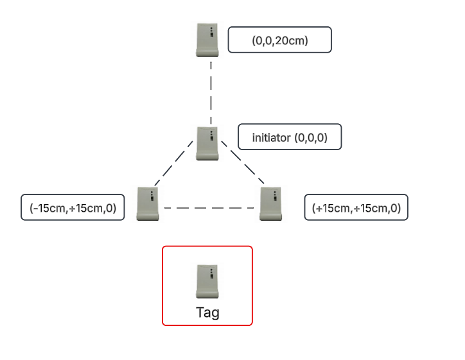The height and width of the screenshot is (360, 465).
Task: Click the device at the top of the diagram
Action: click(x=207, y=40)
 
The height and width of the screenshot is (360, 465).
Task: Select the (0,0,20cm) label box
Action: click(x=279, y=40)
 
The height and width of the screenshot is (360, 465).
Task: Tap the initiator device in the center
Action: click(x=207, y=143)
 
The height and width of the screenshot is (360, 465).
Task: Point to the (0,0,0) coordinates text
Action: click(x=311, y=138)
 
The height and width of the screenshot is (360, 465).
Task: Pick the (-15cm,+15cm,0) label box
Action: click(x=73, y=207)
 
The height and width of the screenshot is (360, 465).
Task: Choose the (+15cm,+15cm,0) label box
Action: click(x=356, y=207)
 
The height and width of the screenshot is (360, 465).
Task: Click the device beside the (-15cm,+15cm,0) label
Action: click(x=148, y=204)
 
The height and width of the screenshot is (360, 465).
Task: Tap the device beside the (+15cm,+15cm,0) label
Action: click(x=271, y=204)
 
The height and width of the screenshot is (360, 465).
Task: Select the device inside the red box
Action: click(x=207, y=282)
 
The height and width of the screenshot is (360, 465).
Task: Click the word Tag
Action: click(x=207, y=313)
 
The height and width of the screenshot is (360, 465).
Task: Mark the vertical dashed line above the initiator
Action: click(x=211, y=93)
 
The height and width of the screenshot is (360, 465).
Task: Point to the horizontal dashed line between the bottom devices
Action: click(x=209, y=208)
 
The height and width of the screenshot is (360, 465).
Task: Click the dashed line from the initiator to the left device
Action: click(x=174, y=163)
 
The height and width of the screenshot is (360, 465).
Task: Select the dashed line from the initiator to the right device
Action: click(x=243, y=162)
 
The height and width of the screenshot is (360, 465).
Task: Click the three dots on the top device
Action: click(x=211, y=30)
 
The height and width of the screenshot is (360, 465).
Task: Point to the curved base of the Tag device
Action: click(x=207, y=295)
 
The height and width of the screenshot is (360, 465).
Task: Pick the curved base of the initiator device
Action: click(x=207, y=157)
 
